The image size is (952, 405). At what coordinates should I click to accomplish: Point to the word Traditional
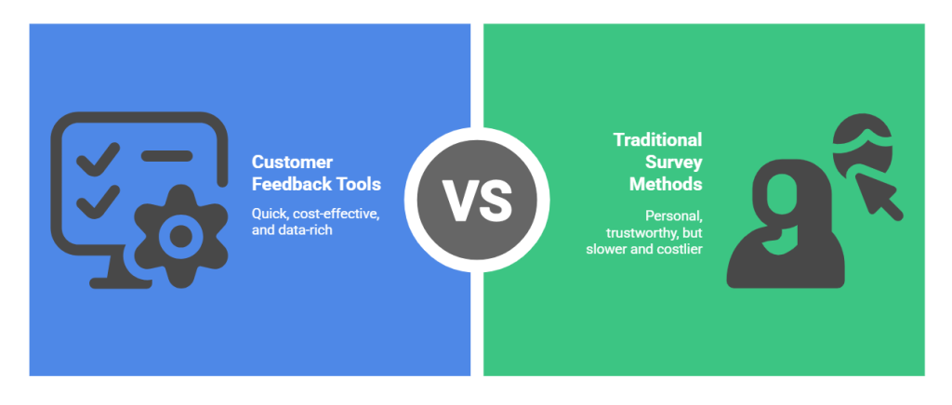tap(657, 139)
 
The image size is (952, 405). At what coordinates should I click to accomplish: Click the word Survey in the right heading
tap(676, 162)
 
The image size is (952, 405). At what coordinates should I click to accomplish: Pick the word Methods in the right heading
tap(667, 183)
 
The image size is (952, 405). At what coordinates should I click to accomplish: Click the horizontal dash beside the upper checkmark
tap(167, 154)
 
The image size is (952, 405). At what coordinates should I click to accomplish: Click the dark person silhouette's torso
tap(786, 251)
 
